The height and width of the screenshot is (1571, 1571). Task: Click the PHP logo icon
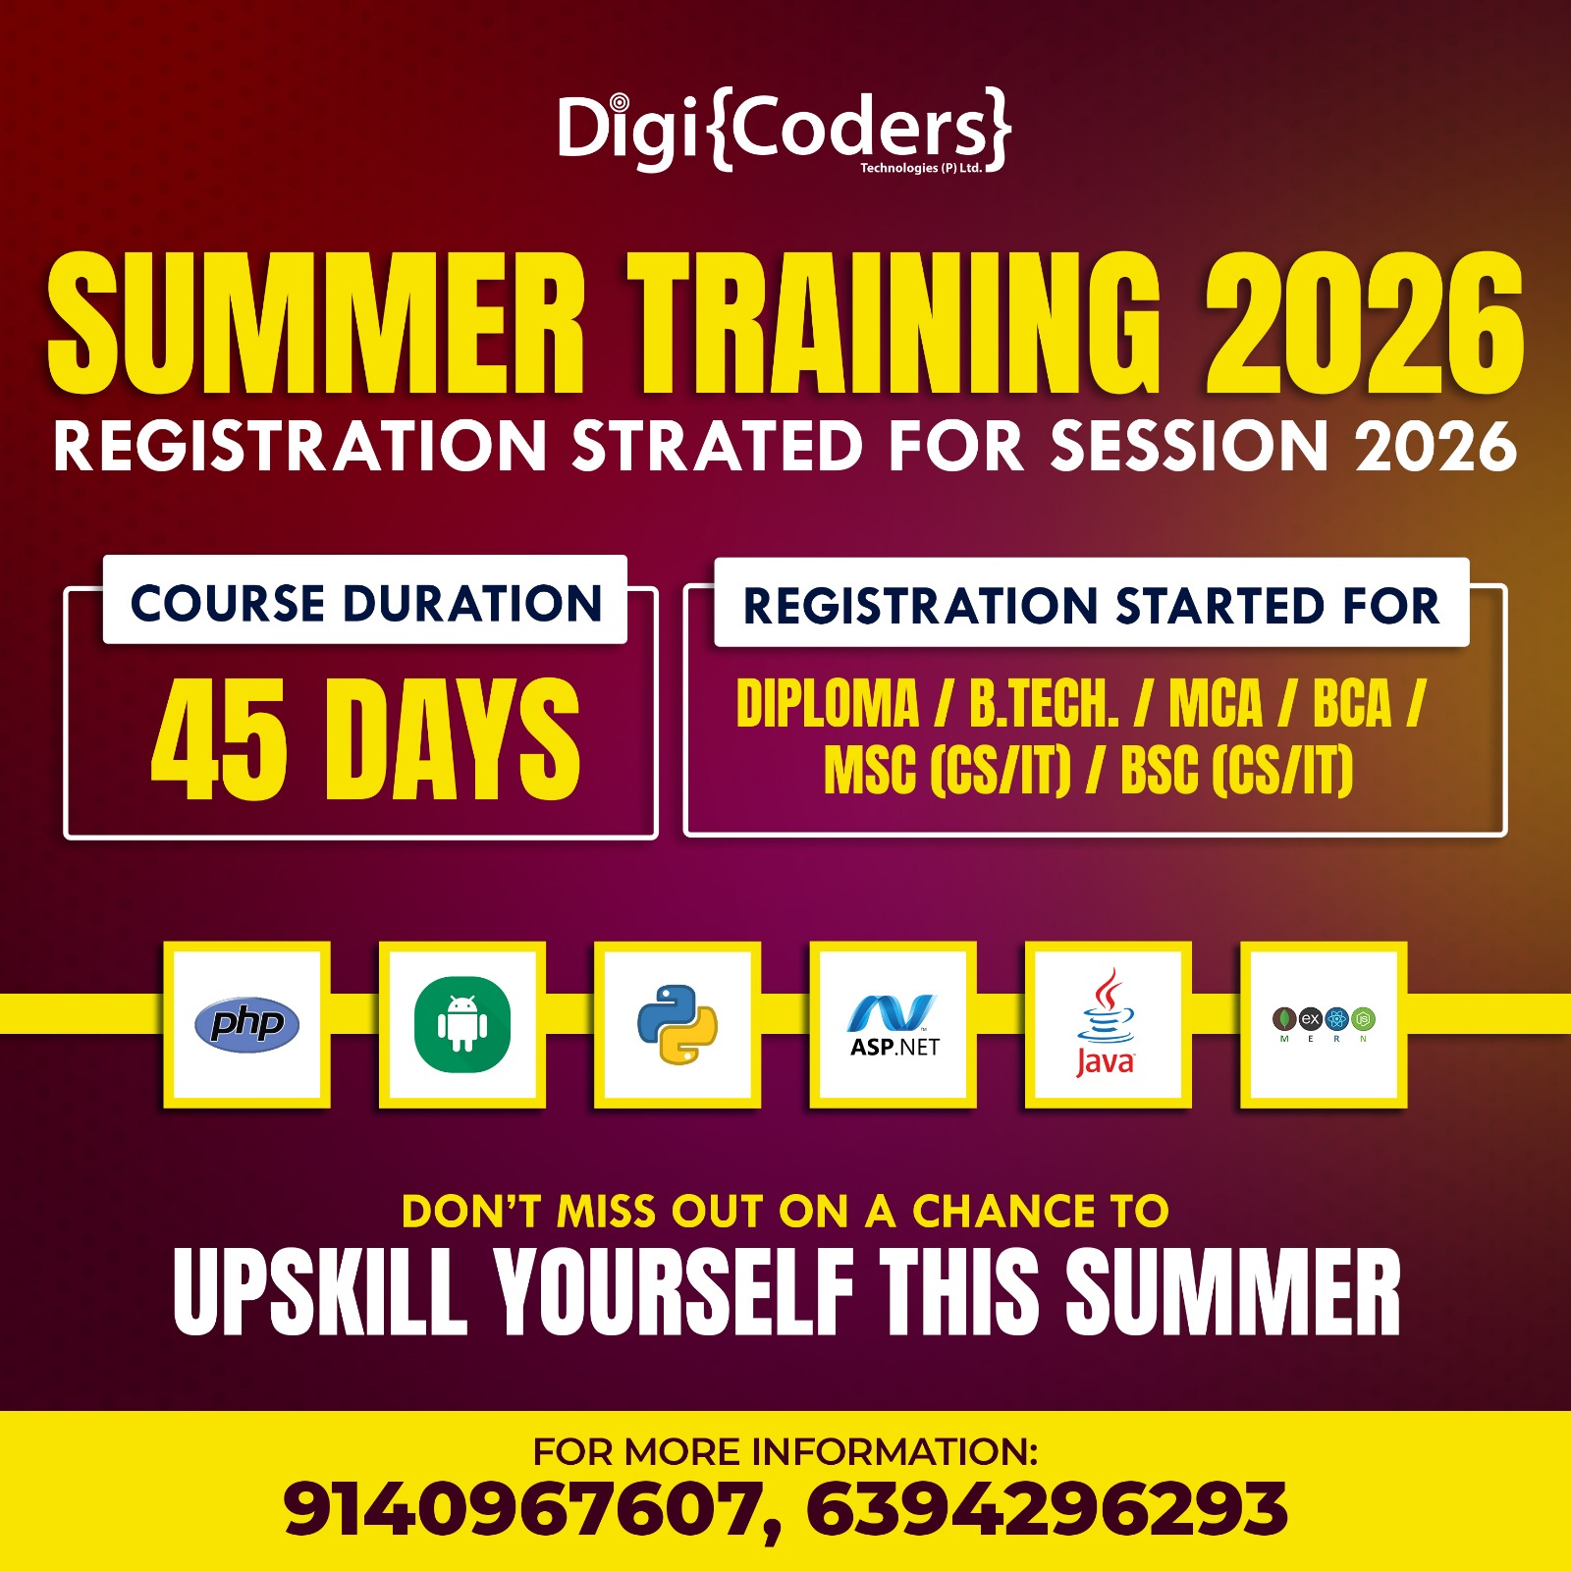247,1024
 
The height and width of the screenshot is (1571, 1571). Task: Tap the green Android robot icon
462,1024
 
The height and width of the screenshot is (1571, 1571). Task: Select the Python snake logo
677,1024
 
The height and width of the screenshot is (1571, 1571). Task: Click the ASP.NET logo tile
894,1024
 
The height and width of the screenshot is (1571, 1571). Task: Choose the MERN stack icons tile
1324,1024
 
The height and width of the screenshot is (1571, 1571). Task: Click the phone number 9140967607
525,1509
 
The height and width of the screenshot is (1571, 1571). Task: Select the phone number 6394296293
1048,1509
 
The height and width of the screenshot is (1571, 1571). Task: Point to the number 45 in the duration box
220,738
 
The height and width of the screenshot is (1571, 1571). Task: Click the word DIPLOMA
828,703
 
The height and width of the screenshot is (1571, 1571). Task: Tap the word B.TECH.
1045,703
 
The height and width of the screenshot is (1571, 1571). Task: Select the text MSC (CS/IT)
948,770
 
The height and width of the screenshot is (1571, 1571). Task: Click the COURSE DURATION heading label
366,603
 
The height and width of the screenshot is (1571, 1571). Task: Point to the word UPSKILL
320,1292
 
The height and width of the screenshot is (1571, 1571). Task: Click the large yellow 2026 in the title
1365,323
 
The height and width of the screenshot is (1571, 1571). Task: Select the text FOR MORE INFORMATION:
785,1451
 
